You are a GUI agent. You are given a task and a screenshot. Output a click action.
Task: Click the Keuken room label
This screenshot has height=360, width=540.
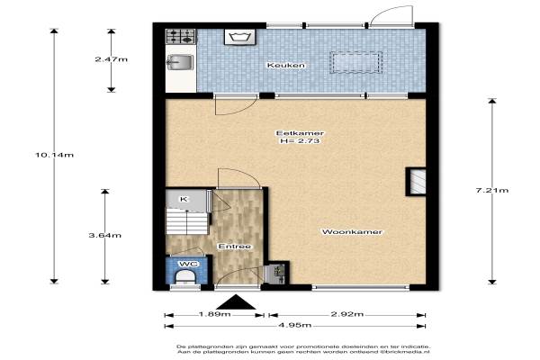pos(286,65)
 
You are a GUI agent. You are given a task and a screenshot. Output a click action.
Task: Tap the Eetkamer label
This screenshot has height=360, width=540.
pos(300,133)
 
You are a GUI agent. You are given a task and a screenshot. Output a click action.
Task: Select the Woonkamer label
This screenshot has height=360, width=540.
pos(352,232)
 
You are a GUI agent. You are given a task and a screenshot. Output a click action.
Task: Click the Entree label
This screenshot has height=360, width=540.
pos(235,247)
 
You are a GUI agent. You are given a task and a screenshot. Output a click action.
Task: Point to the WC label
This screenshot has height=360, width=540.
pos(189,264)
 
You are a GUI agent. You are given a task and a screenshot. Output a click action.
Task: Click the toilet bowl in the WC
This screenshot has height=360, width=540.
pos(185,277)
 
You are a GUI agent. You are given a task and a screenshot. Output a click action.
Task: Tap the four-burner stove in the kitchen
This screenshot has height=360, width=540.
pos(181,37)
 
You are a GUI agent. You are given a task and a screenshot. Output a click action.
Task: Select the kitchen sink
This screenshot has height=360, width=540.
pos(180,62)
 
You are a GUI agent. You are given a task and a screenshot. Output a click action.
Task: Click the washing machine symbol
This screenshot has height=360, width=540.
pos(239,37)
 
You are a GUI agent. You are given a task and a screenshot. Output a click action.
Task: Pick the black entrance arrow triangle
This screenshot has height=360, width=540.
pos(236,302)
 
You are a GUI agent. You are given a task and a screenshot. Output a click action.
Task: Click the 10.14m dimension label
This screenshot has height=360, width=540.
pos(54,155)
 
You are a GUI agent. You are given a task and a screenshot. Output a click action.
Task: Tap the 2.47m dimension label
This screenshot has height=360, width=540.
pos(112,59)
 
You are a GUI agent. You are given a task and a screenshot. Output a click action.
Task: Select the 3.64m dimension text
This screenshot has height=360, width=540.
pos(105,236)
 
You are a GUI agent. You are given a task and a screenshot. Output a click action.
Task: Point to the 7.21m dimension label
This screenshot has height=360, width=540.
pos(492,190)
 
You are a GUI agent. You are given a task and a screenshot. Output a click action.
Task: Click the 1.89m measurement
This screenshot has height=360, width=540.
pos(214,314)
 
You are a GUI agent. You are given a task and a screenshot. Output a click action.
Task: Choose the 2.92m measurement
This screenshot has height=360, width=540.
pos(347,314)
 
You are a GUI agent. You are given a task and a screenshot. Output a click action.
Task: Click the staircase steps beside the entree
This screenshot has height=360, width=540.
pos(187,223)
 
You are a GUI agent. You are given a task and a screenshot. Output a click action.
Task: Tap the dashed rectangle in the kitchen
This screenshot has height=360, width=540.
pos(356,62)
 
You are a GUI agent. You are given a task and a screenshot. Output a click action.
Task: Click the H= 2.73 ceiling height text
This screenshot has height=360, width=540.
pos(300,141)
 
